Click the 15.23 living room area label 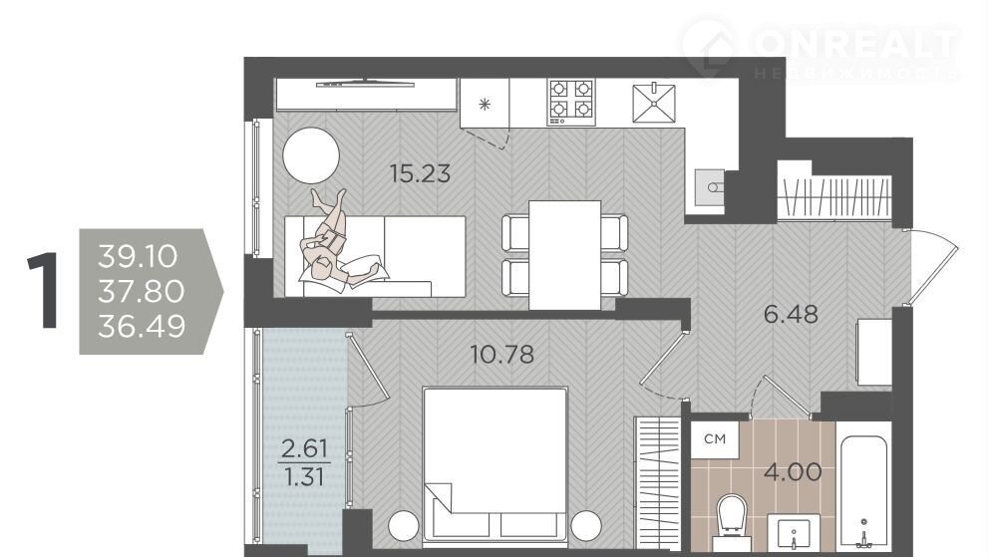coord(420,173)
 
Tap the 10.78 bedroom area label coord(502,355)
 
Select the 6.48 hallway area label coord(791,314)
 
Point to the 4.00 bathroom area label coord(793,472)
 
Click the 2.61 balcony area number coord(304,448)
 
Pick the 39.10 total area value coord(138,256)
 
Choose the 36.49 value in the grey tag coord(142,327)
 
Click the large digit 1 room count coord(44,290)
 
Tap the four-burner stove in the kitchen coord(571,102)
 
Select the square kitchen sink coord(654,103)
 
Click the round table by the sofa coord(311,155)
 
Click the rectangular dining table coord(564,255)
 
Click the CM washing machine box coord(715,439)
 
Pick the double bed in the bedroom coord(495,464)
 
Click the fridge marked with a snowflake coord(485,104)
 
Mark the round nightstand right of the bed coord(586,525)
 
